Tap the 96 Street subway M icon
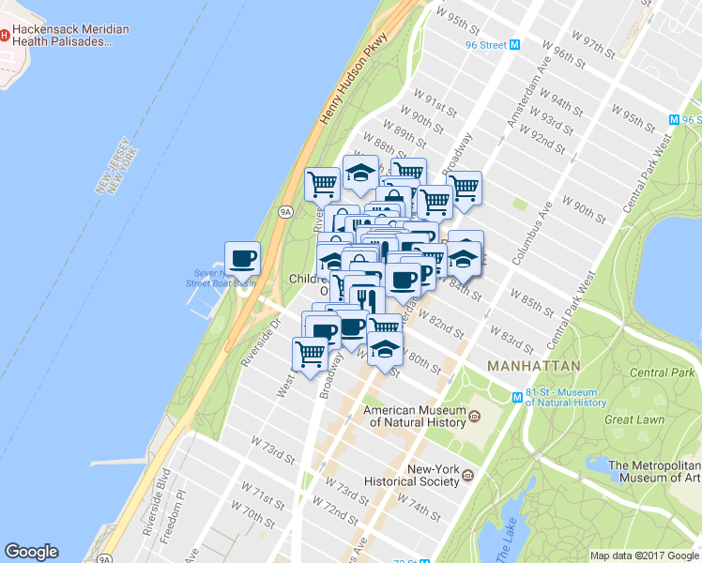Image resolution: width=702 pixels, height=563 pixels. click(x=513, y=45)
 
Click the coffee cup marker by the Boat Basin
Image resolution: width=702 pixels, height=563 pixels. click(x=242, y=257)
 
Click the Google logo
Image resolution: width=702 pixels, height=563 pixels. click(x=31, y=552)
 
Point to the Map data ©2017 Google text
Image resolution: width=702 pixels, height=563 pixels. click(x=645, y=555)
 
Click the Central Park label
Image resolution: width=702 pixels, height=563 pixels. click(x=662, y=373)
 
